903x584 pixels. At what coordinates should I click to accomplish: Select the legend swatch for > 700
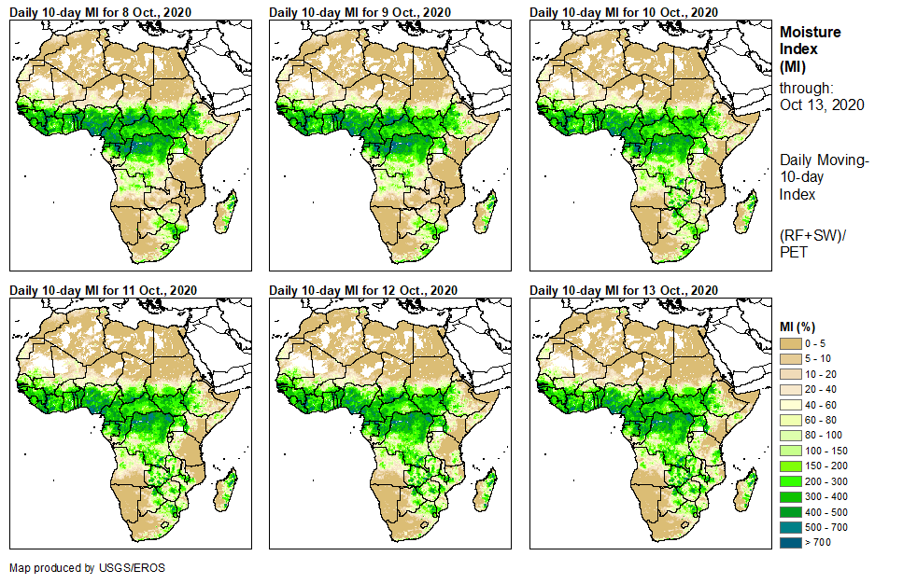790,541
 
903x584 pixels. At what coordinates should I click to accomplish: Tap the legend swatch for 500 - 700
790,526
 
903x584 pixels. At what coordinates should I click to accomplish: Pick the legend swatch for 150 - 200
790,466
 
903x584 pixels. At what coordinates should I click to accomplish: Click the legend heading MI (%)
799,326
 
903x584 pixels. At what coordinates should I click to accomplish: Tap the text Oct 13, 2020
822,104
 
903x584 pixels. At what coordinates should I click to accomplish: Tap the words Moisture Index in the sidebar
810,40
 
